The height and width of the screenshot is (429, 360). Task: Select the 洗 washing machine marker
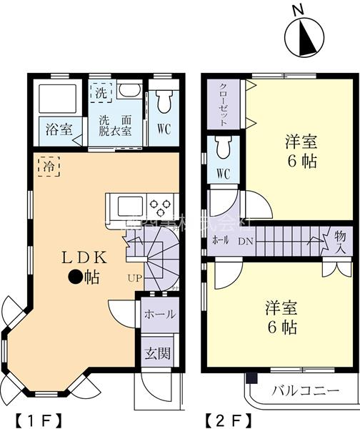101,92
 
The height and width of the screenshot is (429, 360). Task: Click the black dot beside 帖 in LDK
75,277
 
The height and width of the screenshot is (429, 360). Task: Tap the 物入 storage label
341,242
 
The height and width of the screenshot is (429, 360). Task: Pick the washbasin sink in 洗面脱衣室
129,90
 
